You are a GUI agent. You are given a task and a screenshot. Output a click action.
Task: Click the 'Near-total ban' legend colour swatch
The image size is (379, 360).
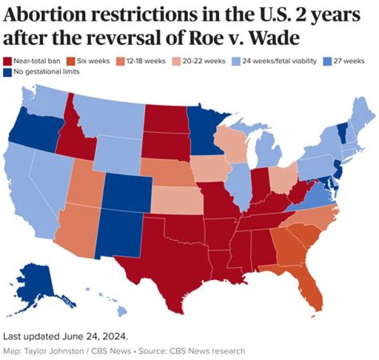tap(7, 62)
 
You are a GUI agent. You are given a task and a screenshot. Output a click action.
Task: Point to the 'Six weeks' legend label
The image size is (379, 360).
tap(94, 62)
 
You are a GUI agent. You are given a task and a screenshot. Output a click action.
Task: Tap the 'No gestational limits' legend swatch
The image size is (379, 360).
tap(7, 72)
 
